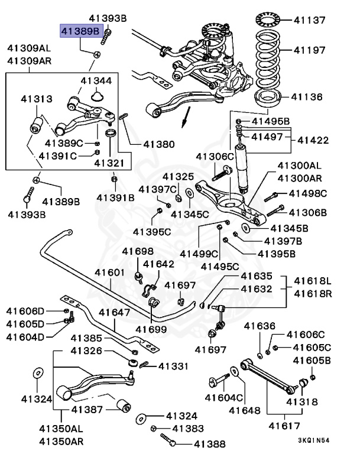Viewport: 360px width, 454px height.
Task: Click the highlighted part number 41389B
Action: [x=81, y=31]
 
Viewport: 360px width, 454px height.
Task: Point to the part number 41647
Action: [x=114, y=312]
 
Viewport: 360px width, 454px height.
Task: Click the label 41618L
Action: [x=313, y=280]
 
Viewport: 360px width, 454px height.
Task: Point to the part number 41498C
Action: [x=307, y=193]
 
